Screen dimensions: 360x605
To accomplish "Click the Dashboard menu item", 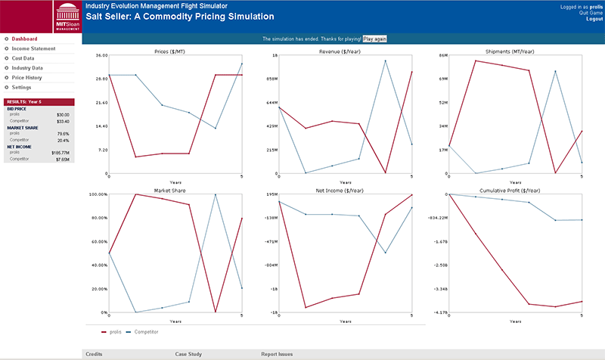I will [24, 39].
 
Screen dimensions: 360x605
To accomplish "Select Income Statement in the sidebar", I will [33, 48].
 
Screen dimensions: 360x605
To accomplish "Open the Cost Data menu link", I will [23, 58].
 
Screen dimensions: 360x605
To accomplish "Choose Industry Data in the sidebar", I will [27, 68].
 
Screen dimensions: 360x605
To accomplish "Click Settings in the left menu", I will [21, 88].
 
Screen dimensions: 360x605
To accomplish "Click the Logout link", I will [594, 19].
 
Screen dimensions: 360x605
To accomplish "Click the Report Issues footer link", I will [277, 354].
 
